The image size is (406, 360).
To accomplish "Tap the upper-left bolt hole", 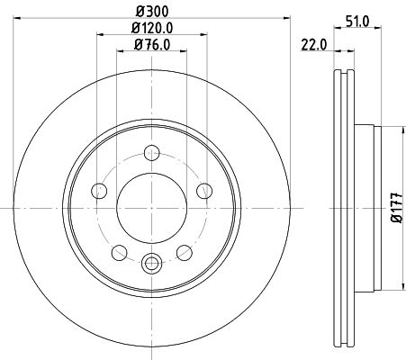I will [x=99, y=189].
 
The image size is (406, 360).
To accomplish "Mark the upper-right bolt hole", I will [x=203, y=189].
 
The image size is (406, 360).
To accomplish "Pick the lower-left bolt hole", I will [x=119, y=250].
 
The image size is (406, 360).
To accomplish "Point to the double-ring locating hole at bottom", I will [x=151, y=264].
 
